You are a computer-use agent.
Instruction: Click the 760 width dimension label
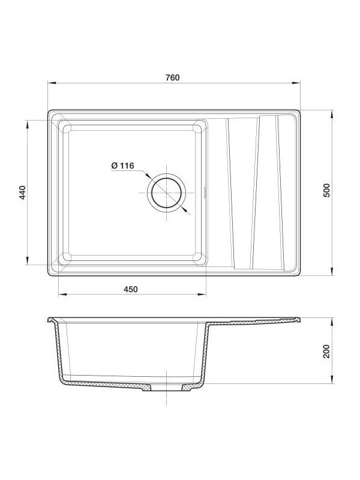click(173, 77)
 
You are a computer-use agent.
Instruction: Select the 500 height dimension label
click(326, 190)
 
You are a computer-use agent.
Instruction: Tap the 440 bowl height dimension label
click(22, 193)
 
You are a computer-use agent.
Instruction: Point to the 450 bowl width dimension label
click(131, 289)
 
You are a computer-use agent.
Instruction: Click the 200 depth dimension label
click(326, 351)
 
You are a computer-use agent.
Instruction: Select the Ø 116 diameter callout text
click(122, 166)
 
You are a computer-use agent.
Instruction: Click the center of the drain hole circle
click(166, 193)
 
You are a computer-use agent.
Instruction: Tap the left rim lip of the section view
click(52, 319)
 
